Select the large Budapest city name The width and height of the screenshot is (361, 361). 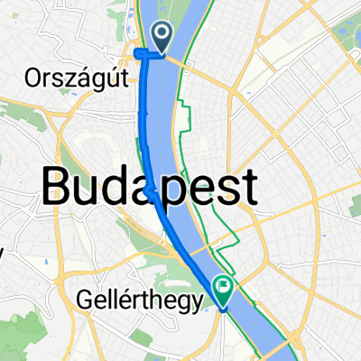tap(150, 189)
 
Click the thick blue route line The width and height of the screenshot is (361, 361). tap(145, 135)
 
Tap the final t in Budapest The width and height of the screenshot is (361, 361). tap(245, 189)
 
